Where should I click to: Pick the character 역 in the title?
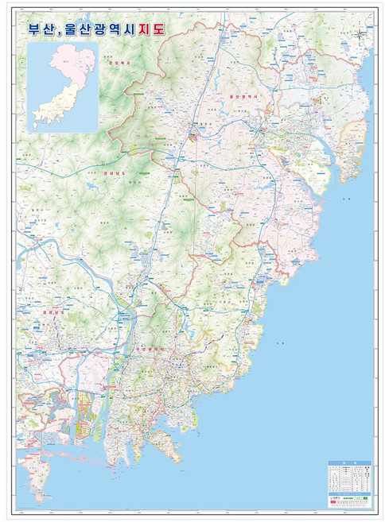pos(124,30)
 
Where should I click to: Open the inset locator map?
pos(63,87)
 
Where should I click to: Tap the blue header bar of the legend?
pos(348,466)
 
